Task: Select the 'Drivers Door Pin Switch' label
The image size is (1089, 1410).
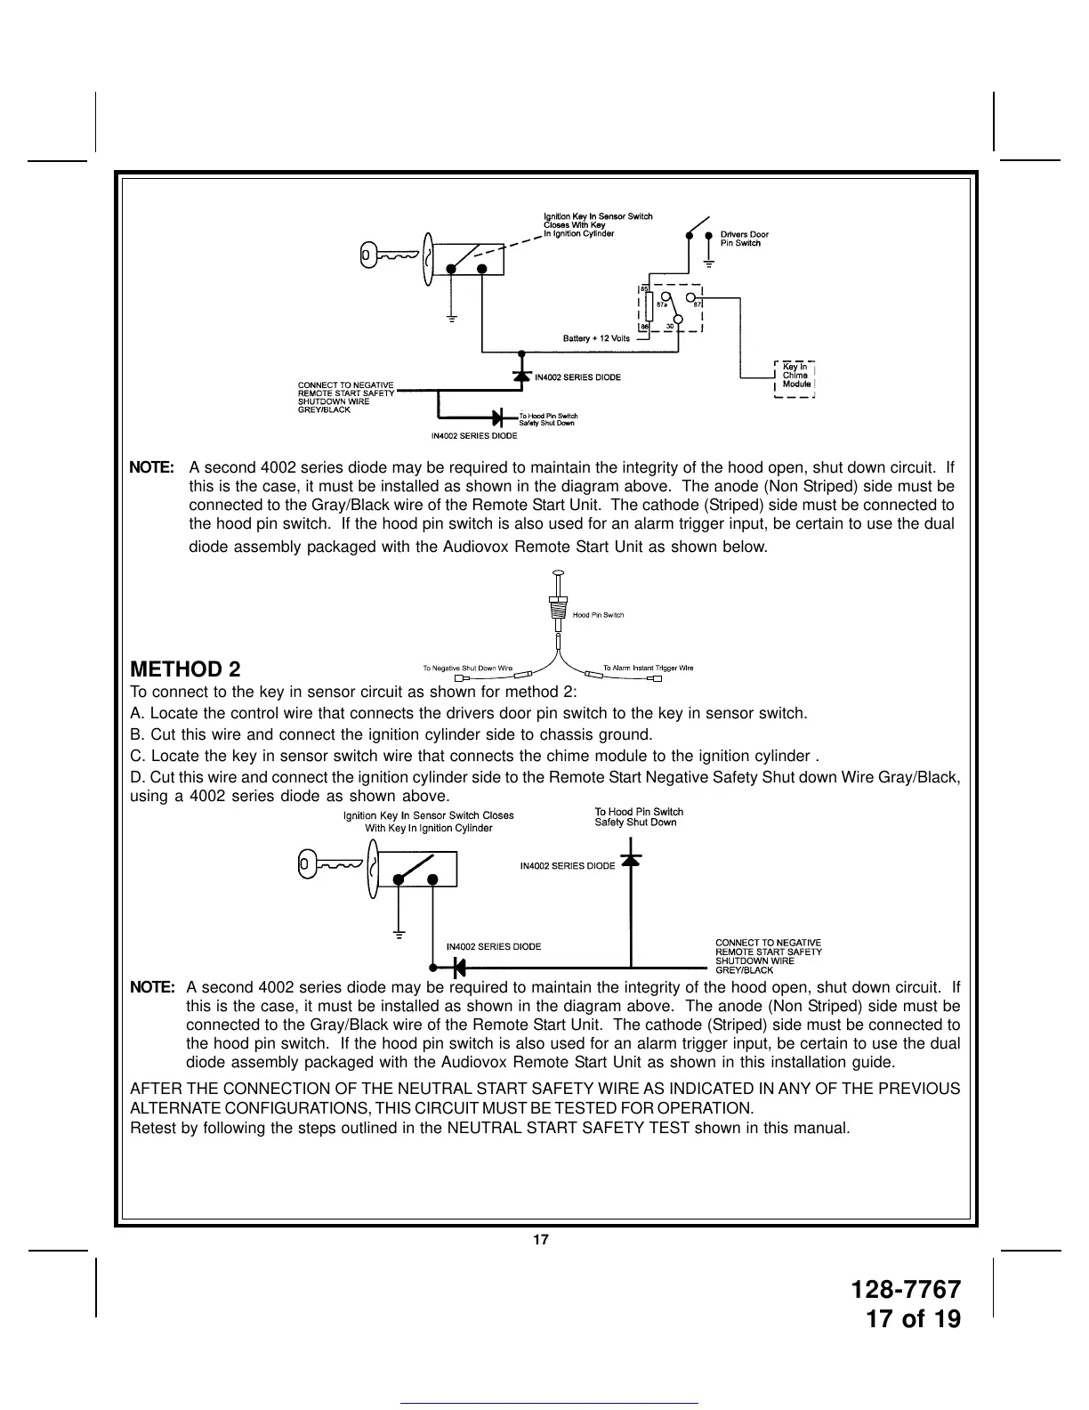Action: [744, 239]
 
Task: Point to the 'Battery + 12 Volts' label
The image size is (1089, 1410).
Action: [596, 338]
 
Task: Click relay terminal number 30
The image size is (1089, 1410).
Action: [668, 326]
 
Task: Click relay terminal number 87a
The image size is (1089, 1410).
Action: [661, 304]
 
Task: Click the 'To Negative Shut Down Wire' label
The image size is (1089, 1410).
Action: [467, 668]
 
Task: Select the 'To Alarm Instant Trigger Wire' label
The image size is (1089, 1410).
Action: [648, 668]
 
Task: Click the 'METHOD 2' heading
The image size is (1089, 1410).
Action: [185, 669]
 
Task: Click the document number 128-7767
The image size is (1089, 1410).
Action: [906, 1290]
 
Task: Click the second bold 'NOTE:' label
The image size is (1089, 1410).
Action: [152, 987]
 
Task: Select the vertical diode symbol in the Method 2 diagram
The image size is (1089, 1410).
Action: [631, 861]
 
